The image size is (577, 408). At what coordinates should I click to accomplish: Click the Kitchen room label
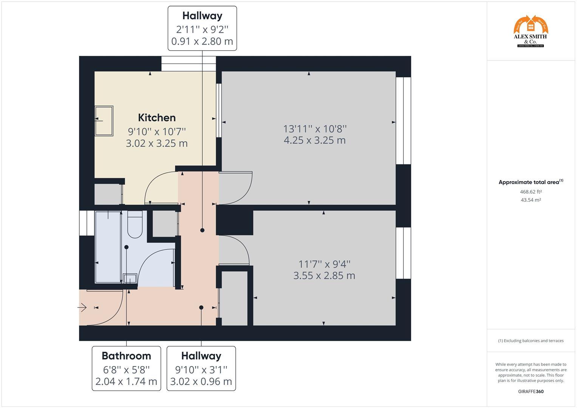click(x=157, y=117)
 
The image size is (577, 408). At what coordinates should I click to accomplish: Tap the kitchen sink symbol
click(x=104, y=121)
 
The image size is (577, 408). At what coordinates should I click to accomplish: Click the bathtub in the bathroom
click(x=108, y=247)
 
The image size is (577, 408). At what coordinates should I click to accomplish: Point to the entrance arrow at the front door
click(x=82, y=308)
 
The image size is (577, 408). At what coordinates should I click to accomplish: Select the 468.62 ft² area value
click(x=531, y=192)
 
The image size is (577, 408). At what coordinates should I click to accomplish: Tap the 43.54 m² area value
click(x=531, y=200)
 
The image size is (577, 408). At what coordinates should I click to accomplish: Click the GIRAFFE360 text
click(x=531, y=391)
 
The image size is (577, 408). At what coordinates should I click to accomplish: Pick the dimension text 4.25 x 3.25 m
click(x=314, y=140)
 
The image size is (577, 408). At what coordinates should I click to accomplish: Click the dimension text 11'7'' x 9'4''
click(x=324, y=264)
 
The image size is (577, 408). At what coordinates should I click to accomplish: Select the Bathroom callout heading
click(x=126, y=356)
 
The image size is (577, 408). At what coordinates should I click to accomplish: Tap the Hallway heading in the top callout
click(x=202, y=16)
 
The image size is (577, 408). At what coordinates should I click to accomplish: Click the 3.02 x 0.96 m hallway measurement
click(x=201, y=382)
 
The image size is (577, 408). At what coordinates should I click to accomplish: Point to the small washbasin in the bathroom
click(x=130, y=278)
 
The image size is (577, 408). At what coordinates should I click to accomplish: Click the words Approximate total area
click(x=529, y=182)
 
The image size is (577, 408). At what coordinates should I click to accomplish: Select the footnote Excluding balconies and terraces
click(x=531, y=341)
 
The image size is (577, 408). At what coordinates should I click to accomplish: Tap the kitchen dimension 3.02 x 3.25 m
click(x=157, y=144)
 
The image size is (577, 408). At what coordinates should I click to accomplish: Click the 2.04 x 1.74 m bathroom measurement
click(x=126, y=382)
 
